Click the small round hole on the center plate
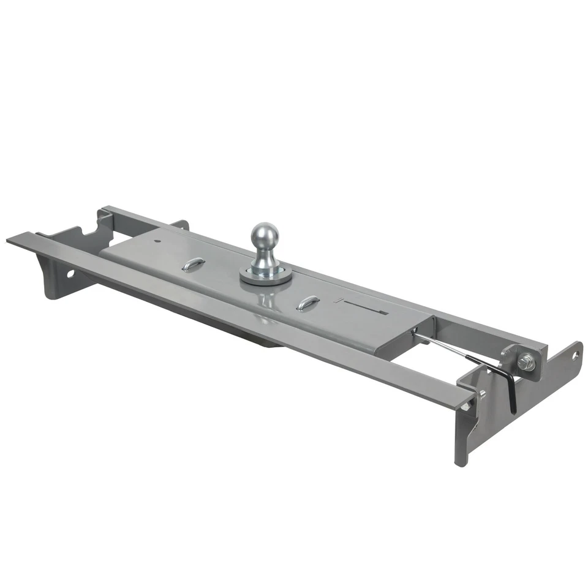click(158, 241)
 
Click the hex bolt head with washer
click(525, 363)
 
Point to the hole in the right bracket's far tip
click(575, 354)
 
